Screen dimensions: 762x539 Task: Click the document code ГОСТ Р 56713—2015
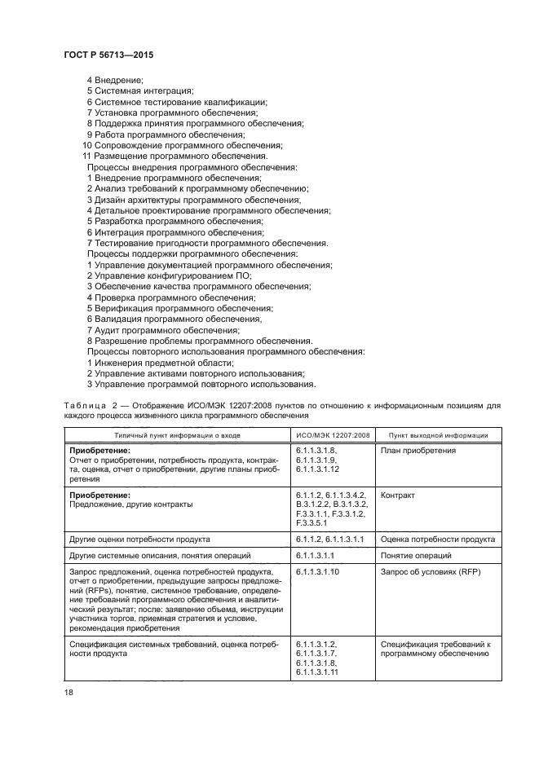tap(108, 54)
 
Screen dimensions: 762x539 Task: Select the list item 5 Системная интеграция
tap(139, 91)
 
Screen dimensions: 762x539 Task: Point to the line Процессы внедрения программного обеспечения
tap(192, 166)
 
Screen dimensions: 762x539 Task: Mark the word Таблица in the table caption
tap(83, 405)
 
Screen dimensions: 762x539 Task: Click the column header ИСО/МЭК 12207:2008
tap(333, 435)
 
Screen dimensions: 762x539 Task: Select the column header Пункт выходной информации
tap(438, 435)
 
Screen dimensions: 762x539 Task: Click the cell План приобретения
tap(418, 451)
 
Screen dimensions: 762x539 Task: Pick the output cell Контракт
tap(398, 495)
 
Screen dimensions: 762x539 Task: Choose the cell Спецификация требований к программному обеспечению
tap(435, 650)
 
